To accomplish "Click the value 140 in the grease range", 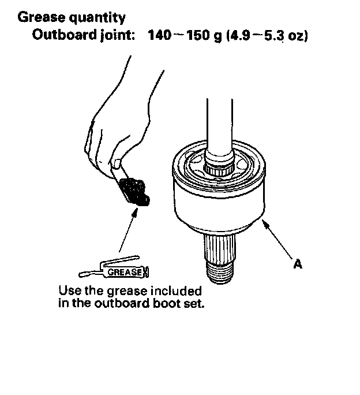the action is point(159,35).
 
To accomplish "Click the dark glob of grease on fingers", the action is point(136,191).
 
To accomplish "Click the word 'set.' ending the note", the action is point(194,303).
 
